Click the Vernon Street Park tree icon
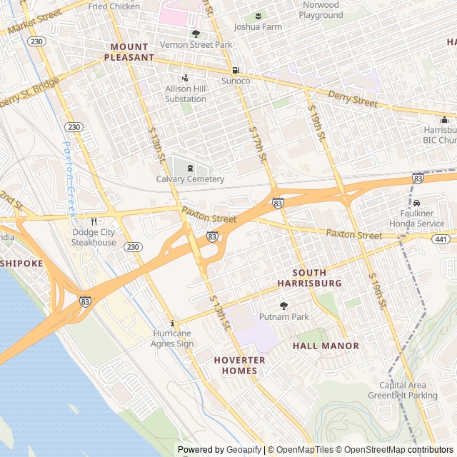click(196, 33)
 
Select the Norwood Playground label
click(321, 10)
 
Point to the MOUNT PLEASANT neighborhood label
click(129, 52)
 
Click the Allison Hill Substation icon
click(186, 79)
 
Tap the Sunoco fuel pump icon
click(236, 70)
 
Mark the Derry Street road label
click(352, 99)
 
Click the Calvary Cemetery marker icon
click(190, 169)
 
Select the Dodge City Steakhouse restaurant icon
click(94, 221)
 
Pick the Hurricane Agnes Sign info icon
click(171, 323)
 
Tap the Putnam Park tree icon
click(283, 306)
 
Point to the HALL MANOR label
click(326, 346)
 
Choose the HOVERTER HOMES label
click(239, 365)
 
